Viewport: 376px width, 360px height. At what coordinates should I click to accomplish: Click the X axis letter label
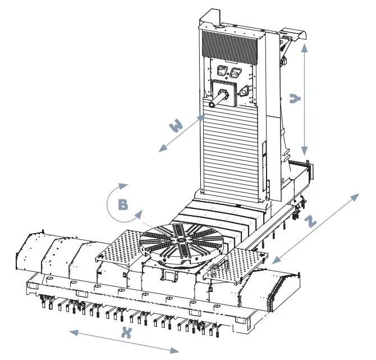[126, 332]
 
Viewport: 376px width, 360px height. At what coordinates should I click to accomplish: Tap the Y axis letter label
[295, 98]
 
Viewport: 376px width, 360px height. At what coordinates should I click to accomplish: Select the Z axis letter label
[310, 221]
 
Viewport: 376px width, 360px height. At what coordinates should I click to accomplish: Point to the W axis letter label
[176, 125]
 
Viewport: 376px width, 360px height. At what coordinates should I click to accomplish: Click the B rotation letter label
[123, 205]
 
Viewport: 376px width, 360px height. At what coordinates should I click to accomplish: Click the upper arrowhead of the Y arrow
[304, 48]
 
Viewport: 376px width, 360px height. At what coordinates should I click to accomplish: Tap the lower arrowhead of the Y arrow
[304, 151]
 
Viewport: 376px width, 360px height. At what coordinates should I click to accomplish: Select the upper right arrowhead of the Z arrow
[355, 197]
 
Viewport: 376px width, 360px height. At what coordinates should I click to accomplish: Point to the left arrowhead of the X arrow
[74, 332]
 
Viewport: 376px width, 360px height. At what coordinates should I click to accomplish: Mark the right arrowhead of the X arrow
[175, 350]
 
